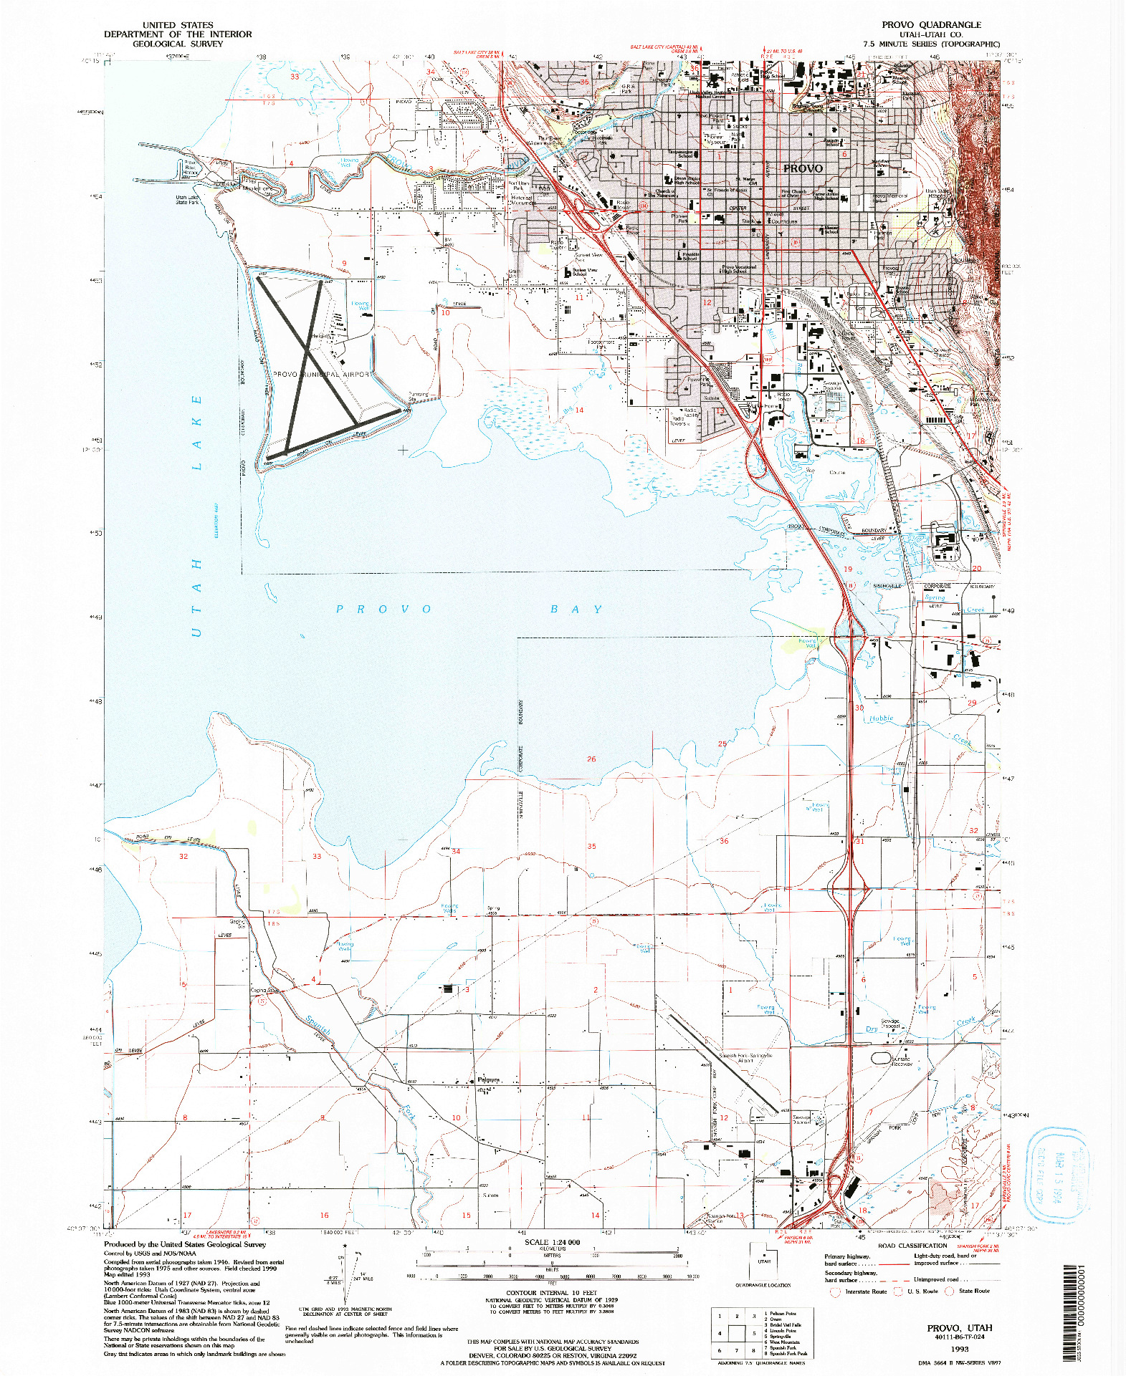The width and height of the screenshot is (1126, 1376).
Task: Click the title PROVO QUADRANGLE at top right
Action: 931,24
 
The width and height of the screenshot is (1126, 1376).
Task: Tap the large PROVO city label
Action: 803,168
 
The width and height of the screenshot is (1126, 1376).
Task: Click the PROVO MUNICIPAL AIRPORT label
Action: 323,375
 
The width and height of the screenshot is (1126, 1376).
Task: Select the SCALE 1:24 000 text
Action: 552,1242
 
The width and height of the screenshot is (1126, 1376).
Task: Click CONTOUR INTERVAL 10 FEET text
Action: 551,1293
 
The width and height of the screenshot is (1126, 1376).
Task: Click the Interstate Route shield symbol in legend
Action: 834,1291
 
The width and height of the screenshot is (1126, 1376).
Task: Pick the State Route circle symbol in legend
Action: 949,1291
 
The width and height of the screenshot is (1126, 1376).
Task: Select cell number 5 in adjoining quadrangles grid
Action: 753,1333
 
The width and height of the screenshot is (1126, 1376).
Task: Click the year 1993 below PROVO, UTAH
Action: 959,1348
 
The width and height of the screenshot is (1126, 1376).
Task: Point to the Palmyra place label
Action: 488,1079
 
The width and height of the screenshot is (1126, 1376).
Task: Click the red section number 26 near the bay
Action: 591,759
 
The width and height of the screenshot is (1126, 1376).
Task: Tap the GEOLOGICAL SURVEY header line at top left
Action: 177,44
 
